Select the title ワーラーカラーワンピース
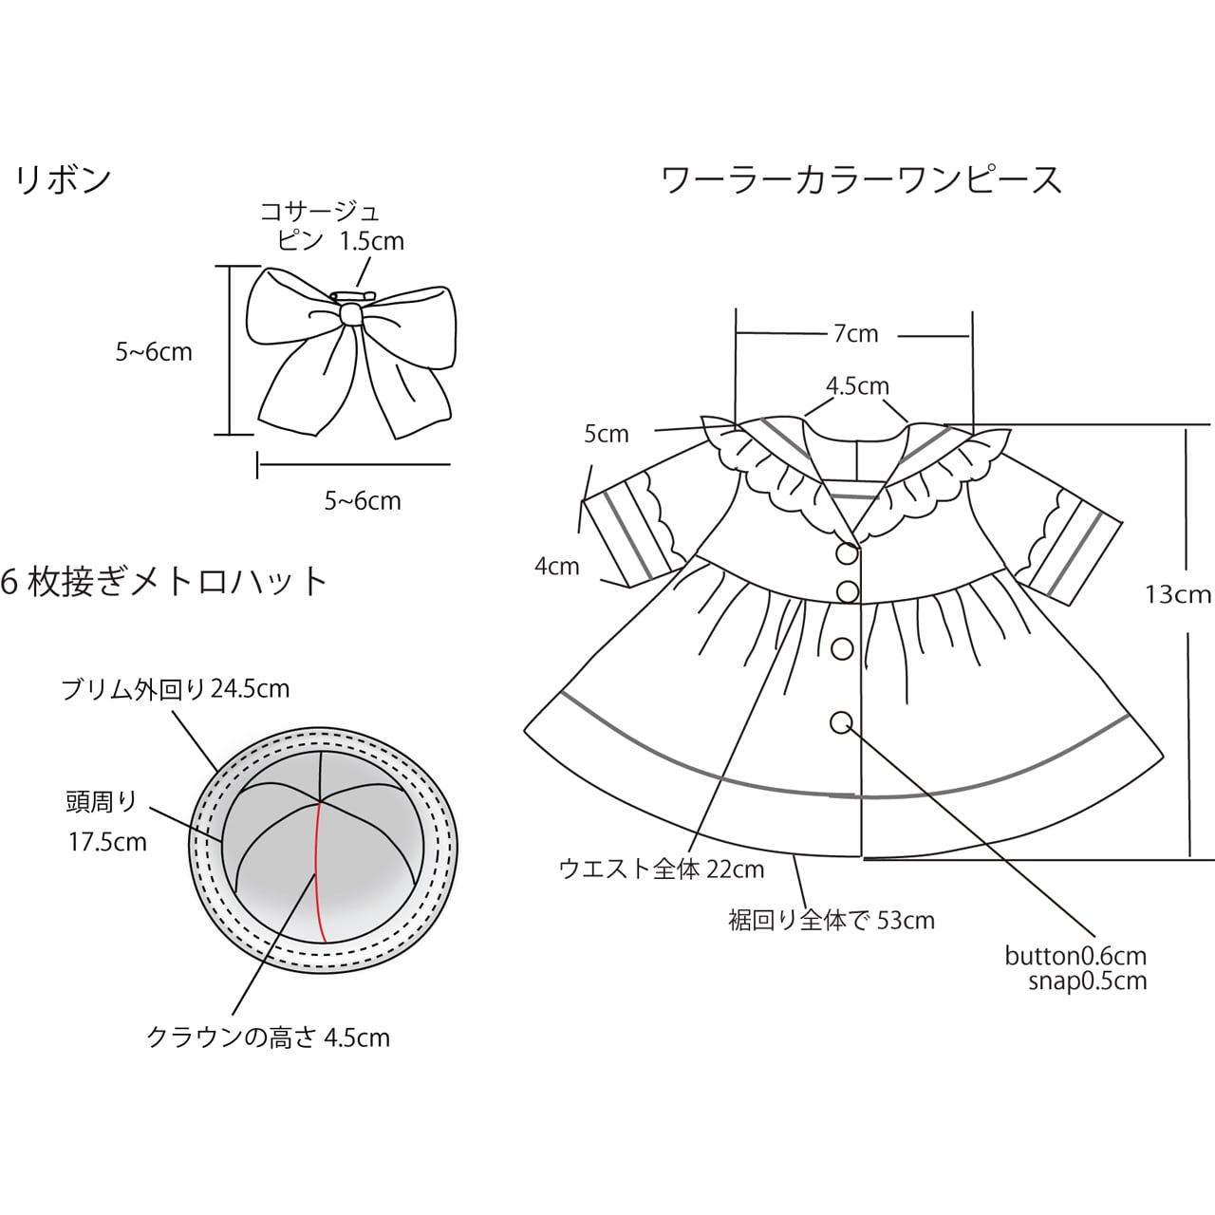pos(861,179)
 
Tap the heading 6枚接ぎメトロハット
pos(165,581)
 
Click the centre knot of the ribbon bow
pos(351,312)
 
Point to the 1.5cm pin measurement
pos(372,241)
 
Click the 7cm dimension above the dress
pos(855,333)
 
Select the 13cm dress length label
pos(1177,594)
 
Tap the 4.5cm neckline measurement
pos(857,386)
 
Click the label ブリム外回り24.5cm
pos(176,688)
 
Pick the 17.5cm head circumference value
pos(107,842)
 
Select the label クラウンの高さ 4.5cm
pos(269,1037)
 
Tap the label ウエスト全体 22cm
pos(662,869)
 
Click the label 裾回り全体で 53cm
pos(832,920)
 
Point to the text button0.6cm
pos(1075,956)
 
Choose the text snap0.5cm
pos(1087,981)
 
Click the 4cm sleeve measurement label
pos(556,567)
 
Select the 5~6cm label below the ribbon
pos(363,500)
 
